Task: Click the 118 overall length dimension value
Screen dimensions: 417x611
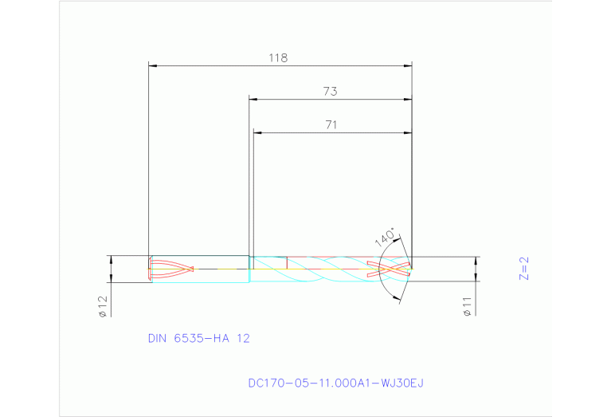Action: pos(277,58)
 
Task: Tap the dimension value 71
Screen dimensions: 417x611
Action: pos(331,124)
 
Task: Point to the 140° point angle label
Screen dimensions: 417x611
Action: pos(385,238)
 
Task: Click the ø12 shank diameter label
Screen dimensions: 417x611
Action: pos(103,306)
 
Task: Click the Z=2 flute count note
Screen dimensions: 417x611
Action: pos(523,269)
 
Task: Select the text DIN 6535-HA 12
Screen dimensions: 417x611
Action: pos(199,338)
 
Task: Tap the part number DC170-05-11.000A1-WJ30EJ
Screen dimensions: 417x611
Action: pos(336,383)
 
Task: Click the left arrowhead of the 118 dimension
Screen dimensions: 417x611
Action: pos(154,65)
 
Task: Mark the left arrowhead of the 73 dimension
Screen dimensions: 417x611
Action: pos(253,99)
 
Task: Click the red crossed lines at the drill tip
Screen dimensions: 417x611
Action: pos(389,269)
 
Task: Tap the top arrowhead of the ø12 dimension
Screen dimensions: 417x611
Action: pos(111,259)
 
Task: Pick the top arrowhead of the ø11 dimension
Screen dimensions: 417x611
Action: pos(476,260)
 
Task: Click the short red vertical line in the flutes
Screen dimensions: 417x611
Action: pos(286,262)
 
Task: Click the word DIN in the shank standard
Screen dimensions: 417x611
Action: pos(159,338)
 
